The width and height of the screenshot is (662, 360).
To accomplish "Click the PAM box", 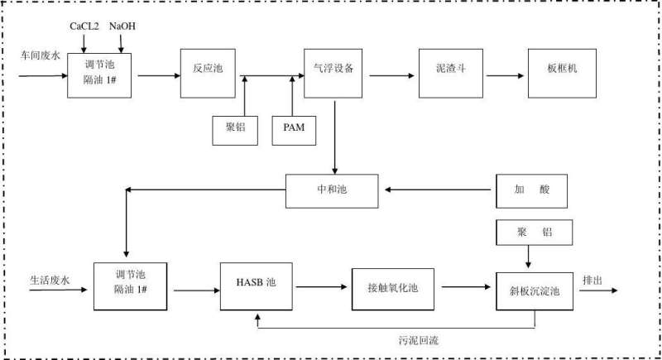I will pyautogui.click(x=294, y=130).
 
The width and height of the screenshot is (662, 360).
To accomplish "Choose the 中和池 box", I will pyautogui.click(x=331, y=190).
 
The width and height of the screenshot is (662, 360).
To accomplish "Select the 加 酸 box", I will pyautogui.click(x=533, y=190).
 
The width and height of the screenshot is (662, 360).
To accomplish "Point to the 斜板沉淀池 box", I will pyautogui.click(x=535, y=290).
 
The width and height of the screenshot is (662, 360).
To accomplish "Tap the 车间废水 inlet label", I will pyautogui.click(x=41, y=56).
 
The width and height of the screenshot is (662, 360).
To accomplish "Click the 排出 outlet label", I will pyautogui.click(x=594, y=278).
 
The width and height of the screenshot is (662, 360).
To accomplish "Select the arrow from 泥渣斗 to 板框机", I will pyautogui.click(x=506, y=75).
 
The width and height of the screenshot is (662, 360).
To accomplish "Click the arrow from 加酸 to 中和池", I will pyautogui.click(x=437, y=190).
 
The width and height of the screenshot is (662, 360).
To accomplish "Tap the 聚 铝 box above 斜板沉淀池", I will pyautogui.click(x=533, y=233).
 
